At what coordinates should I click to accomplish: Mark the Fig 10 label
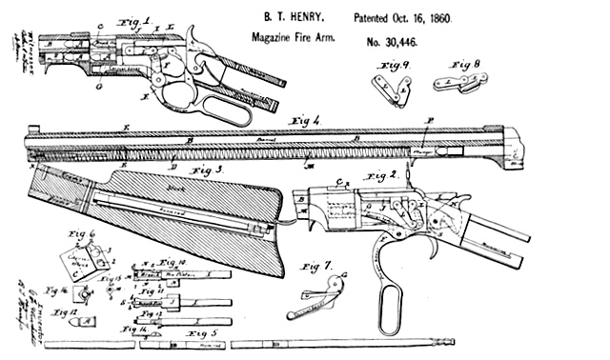click(169, 260)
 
